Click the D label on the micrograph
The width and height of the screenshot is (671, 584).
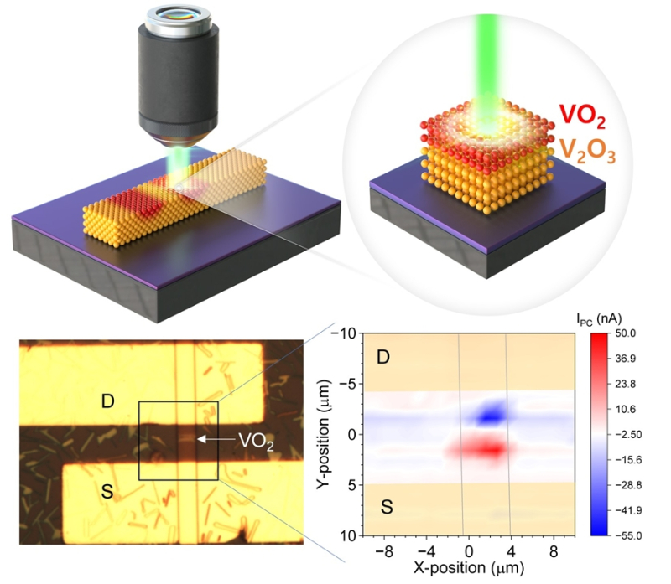pos(107,401)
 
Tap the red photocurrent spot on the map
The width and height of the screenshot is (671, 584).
pos(483,450)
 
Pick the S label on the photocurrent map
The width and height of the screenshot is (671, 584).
pos(382,506)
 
